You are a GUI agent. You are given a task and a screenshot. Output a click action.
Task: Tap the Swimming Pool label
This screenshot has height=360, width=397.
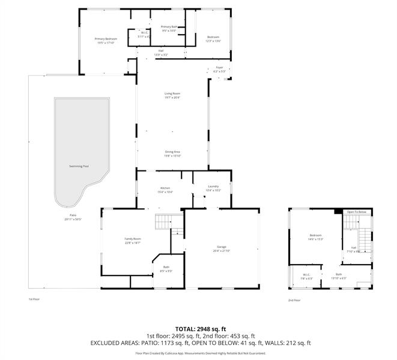[x=79, y=166]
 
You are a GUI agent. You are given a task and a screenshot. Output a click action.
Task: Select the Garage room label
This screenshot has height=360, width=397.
[x=222, y=247]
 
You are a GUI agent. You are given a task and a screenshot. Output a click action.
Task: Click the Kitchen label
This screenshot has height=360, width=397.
[x=165, y=188]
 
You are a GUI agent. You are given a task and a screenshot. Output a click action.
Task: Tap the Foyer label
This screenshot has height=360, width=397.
[x=219, y=68]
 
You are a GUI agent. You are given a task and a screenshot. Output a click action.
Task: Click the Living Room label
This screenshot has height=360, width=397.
[x=172, y=94]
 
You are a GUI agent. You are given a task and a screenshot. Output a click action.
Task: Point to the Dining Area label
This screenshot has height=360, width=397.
[x=173, y=152]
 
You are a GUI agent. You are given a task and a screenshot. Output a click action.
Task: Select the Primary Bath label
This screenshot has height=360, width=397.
[x=169, y=27]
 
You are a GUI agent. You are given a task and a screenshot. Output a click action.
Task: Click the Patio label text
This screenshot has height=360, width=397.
[x=73, y=215]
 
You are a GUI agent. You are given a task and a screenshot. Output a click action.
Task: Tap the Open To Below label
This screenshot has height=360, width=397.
[x=356, y=212]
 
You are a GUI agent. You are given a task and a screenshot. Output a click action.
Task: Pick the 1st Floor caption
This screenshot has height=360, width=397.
[x=34, y=299]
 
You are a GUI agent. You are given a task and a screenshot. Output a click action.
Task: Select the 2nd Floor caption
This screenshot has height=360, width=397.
[x=294, y=300]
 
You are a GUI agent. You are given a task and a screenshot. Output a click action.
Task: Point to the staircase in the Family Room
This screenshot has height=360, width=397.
[x=163, y=223]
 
